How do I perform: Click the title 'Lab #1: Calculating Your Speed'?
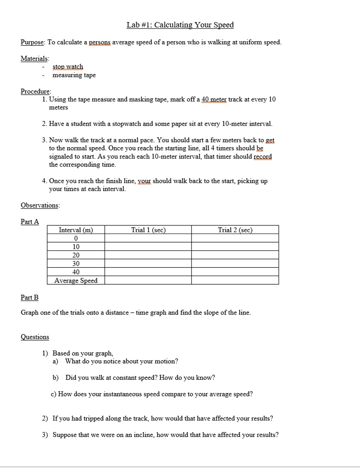click(180, 25)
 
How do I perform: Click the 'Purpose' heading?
click(32, 43)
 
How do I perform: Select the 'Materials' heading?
click(35, 58)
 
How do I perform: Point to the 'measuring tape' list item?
click(74, 75)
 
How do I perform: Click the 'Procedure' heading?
click(36, 91)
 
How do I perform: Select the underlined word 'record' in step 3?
click(263, 156)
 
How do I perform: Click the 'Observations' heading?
click(40, 205)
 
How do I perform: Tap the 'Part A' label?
click(30, 222)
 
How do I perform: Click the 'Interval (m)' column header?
click(76, 230)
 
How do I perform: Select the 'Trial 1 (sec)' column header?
click(148, 230)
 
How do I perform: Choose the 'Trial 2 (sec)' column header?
click(235, 230)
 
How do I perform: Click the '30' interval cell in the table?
click(76, 264)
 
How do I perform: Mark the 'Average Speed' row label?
click(76, 281)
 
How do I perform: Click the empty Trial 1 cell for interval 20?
click(148, 255)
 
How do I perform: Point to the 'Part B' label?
click(30, 298)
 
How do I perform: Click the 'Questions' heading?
click(35, 337)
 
